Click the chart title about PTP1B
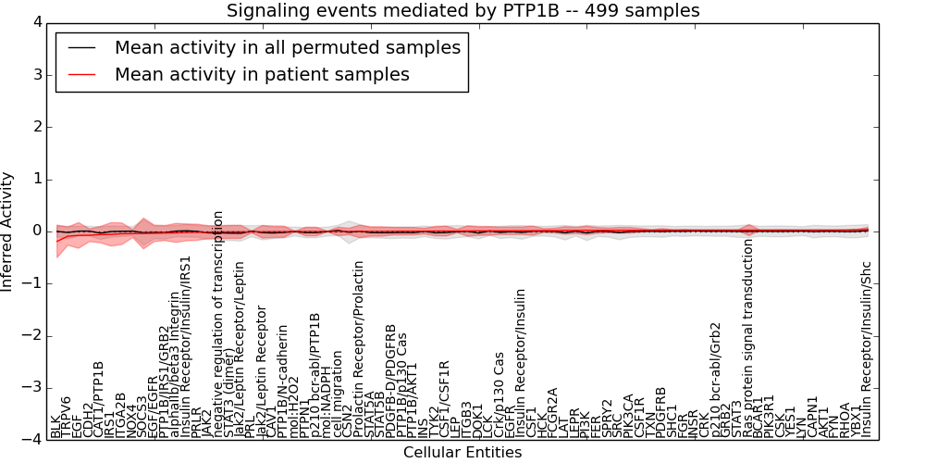pyautogui.click(x=462, y=11)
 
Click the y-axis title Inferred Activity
pyautogui.click(x=8, y=231)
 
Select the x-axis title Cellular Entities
pyautogui.click(x=462, y=453)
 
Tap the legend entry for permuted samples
pyautogui.click(x=287, y=47)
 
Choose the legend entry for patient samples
pyautogui.click(x=262, y=74)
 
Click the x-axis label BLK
pyautogui.click(x=55, y=427)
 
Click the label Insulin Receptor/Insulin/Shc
pyautogui.click(x=867, y=349)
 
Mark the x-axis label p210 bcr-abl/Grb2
pyautogui.click(x=715, y=382)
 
